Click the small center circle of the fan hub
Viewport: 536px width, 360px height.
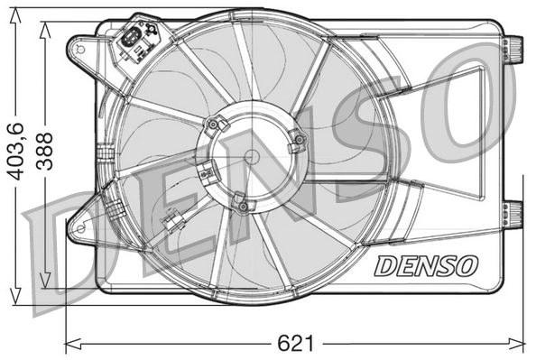point(252,155)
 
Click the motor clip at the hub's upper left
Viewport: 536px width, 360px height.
point(214,125)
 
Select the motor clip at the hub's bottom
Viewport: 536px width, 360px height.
point(239,205)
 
